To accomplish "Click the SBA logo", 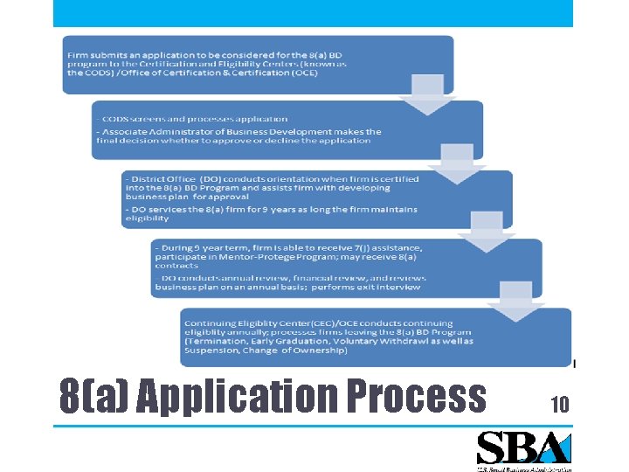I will coord(523,450).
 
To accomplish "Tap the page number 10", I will coord(559,404).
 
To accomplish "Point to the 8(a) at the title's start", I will coord(93,397).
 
